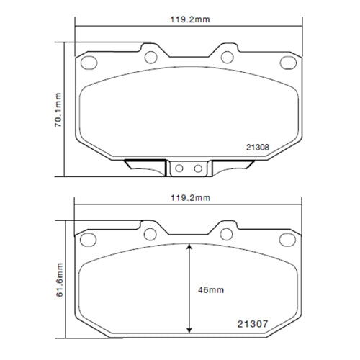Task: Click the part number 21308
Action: click(x=258, y=147)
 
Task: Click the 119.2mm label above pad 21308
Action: click(x=187, y=20)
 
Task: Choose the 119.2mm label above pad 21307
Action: click(x=187, y=197)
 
